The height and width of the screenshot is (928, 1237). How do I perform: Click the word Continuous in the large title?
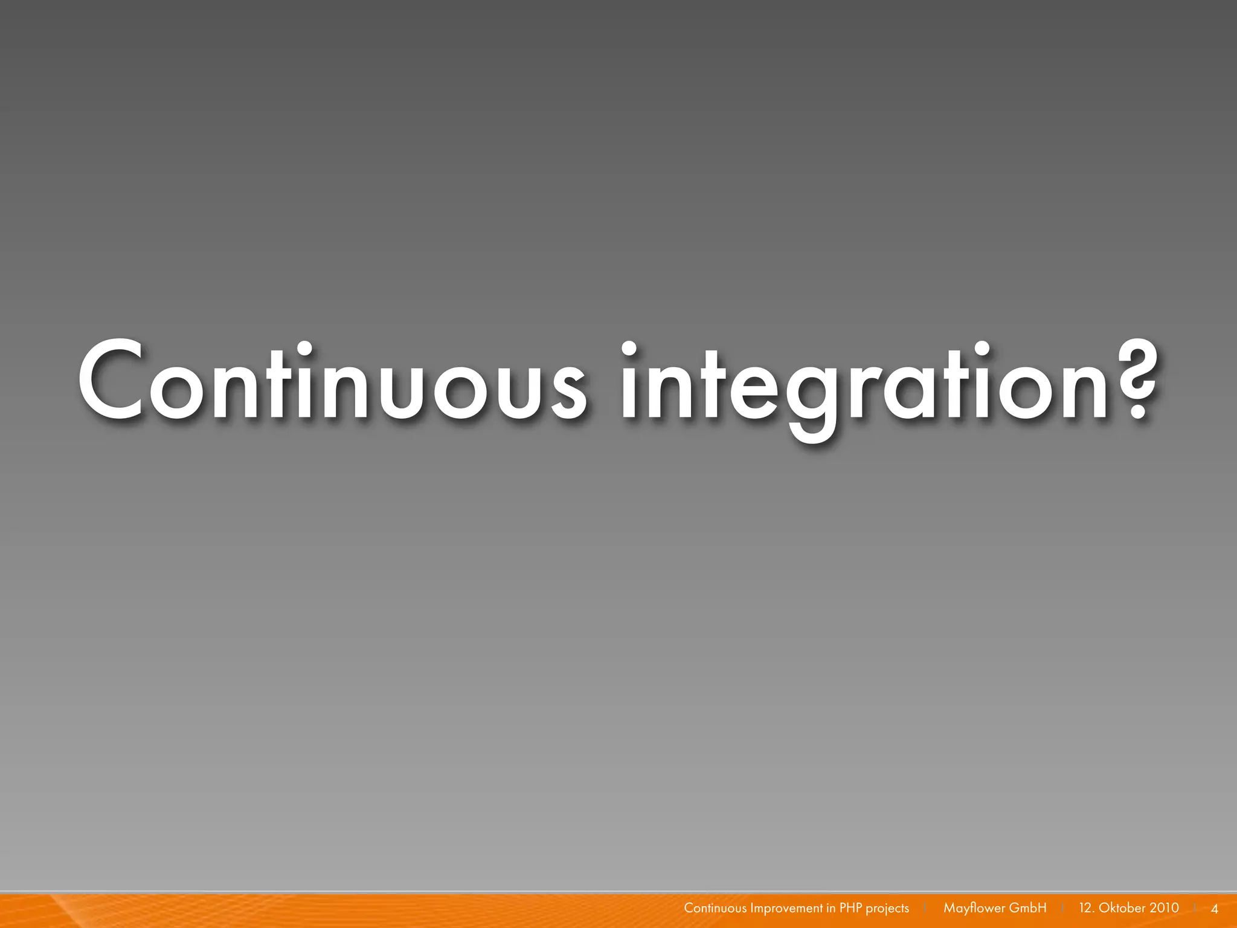coord(331,381)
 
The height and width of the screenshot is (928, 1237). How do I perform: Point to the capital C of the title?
coord(112,381)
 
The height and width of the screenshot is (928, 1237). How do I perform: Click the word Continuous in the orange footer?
coord(715,908)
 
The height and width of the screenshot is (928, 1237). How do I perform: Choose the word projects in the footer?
coord(887,909)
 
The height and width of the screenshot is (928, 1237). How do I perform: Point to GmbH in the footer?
coord(1028,908)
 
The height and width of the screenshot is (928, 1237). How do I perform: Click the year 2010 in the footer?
coord(1164,908)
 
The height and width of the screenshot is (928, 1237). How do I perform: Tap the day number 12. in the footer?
coord(1086,908)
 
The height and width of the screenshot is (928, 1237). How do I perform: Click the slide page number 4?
coord(1215,909)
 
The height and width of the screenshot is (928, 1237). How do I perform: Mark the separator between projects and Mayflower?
coord(925,908)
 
